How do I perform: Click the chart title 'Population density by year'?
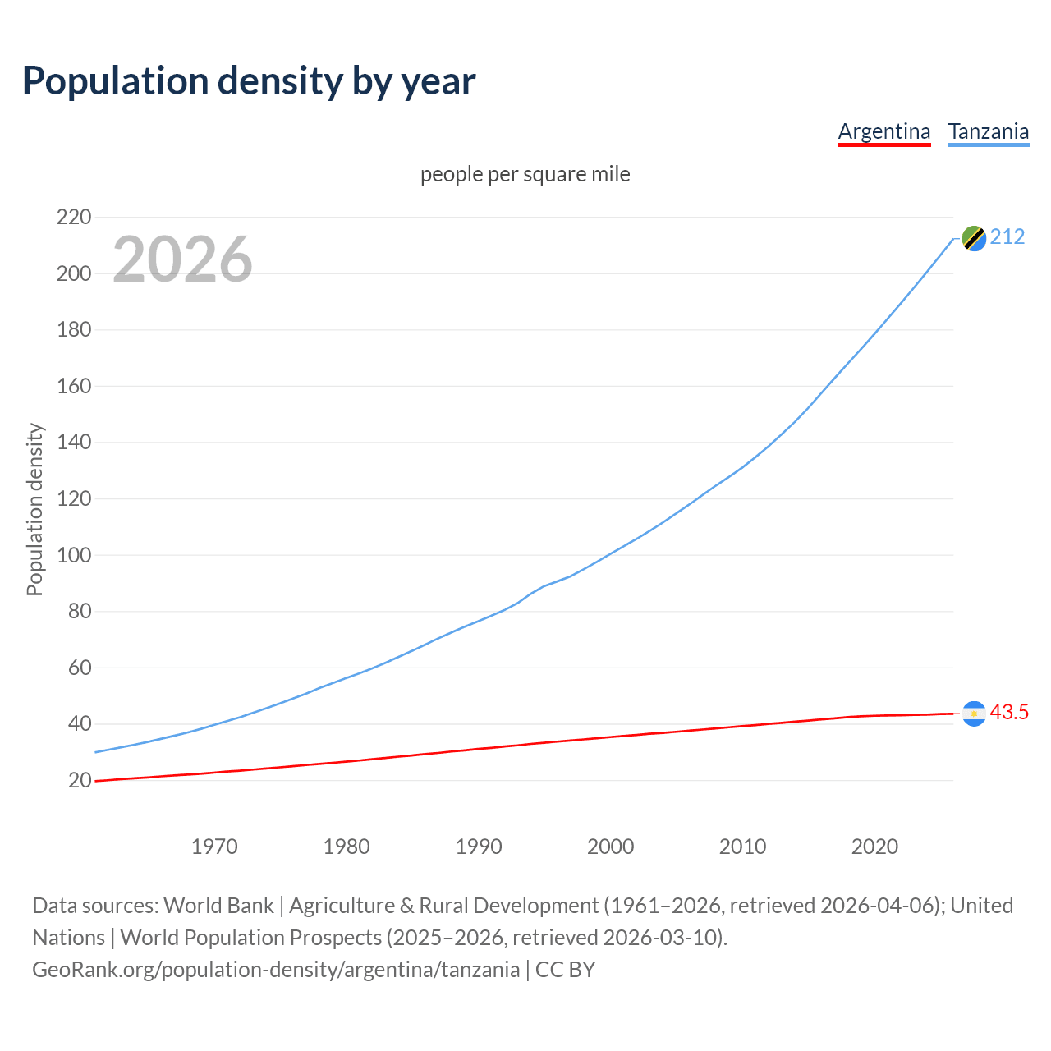249,80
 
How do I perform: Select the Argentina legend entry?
883,131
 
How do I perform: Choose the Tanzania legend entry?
988,131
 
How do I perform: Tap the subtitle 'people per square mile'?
525,174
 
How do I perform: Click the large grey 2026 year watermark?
182,259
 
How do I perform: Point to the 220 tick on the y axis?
73,218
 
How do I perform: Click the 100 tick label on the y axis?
73,555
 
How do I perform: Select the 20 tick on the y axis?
79,780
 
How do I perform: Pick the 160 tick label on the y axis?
73,386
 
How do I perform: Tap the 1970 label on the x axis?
214,847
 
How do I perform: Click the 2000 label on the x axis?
610,847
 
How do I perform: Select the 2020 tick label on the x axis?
874,847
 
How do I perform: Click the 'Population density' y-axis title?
34,509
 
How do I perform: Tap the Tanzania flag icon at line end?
974,238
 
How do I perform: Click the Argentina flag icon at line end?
974,714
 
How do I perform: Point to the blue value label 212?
1007,237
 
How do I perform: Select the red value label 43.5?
1009,713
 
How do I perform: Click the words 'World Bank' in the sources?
218,906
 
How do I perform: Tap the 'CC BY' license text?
565,970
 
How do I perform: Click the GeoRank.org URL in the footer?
276,970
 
